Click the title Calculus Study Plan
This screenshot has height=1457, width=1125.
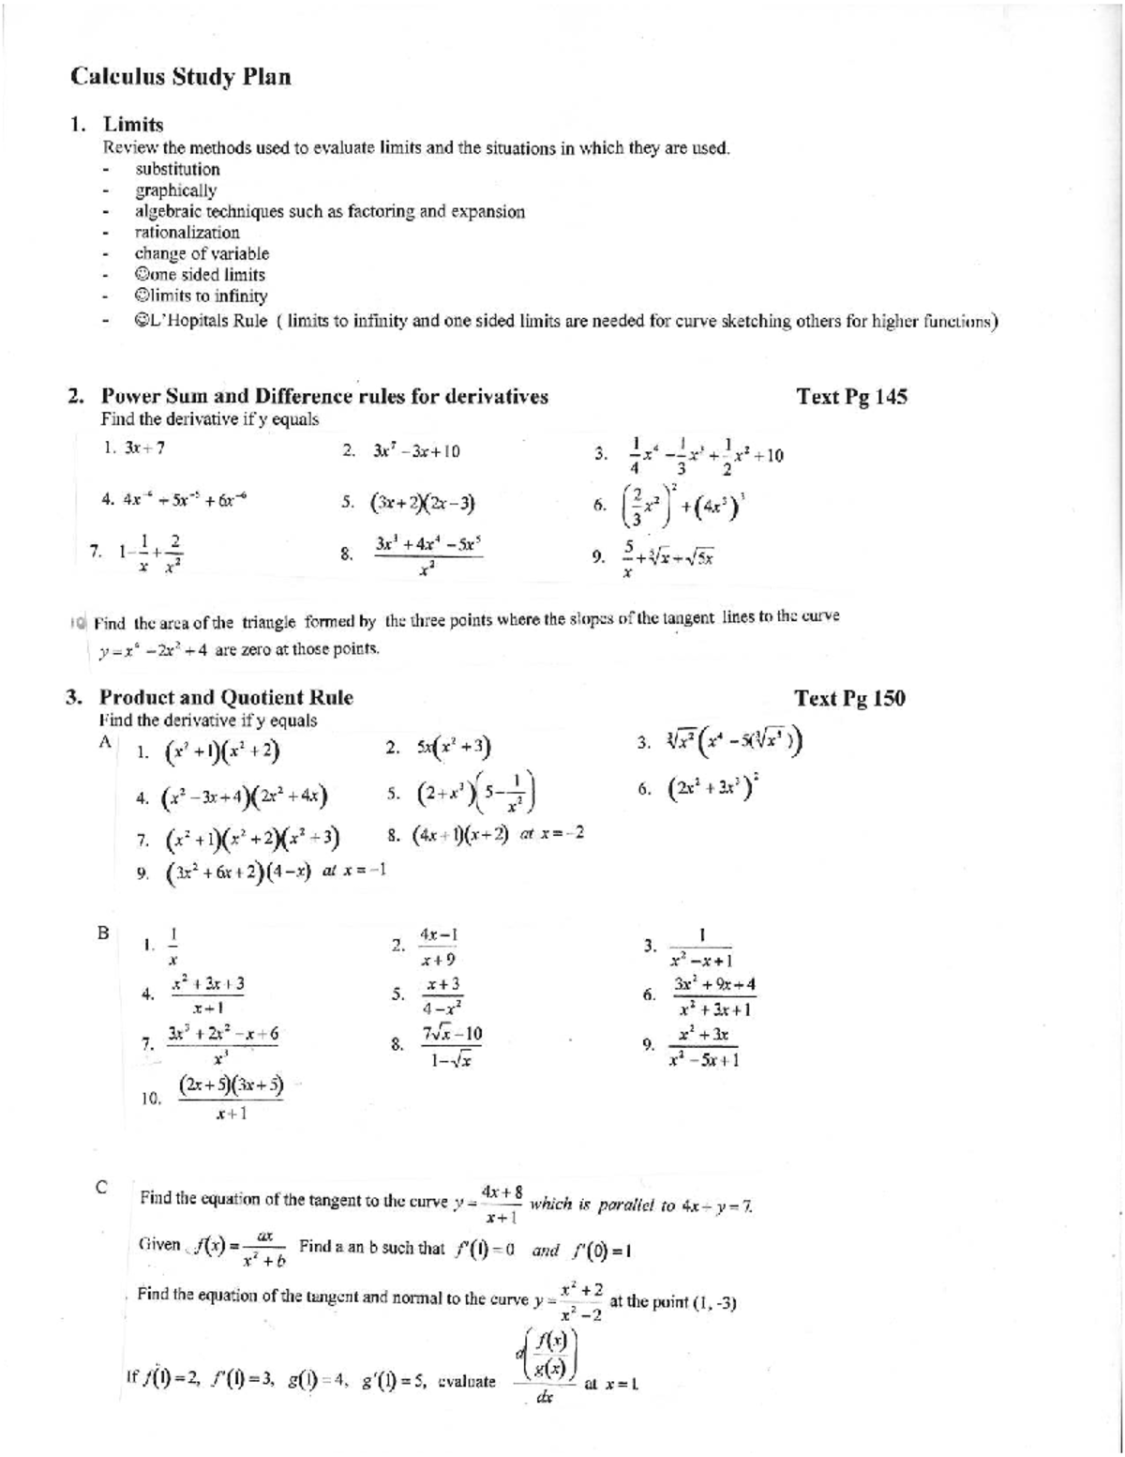pos(181,77)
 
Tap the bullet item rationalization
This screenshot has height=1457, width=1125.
pos(187,233)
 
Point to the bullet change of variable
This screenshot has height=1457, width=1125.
pos(202,253)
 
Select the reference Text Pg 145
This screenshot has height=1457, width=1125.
pos(850,396)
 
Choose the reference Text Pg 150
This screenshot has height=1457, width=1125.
pos(849,698)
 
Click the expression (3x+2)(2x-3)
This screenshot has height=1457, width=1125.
pos(424,503)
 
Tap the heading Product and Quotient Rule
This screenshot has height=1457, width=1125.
pos(226,698)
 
